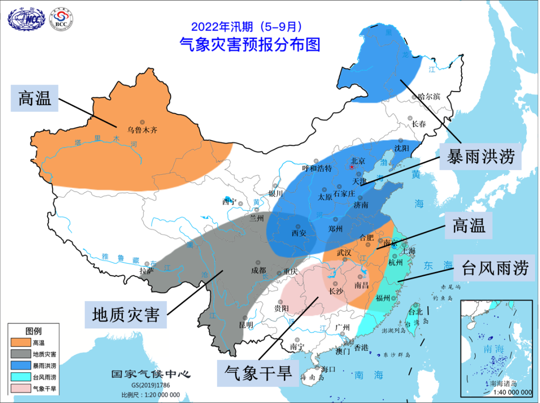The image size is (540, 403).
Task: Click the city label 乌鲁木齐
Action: [142, 129]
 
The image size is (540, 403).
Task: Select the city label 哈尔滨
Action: [428, 96]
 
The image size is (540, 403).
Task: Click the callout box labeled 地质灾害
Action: [125, 314]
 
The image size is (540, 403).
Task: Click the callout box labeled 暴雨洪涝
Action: [480, 157]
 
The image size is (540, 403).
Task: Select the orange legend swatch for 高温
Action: [19, 342]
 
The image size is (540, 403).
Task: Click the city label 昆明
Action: [246, 325]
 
